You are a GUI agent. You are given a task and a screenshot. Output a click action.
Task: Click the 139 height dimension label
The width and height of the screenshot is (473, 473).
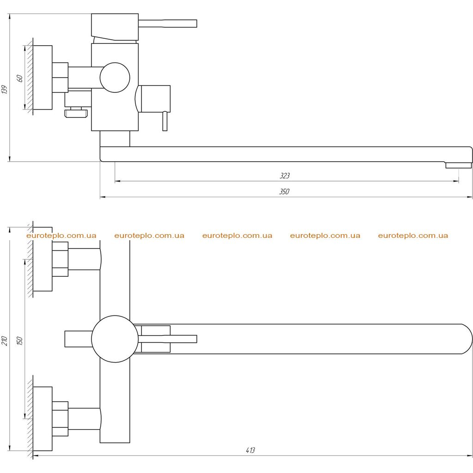4,89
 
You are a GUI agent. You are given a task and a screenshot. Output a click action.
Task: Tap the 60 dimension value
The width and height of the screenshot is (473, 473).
20,79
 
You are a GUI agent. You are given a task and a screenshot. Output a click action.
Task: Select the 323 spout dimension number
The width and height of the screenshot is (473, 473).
285,176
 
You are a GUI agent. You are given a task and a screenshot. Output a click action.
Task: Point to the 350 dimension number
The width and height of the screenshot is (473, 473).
284,192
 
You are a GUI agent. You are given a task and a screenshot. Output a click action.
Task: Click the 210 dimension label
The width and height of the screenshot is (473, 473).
4,341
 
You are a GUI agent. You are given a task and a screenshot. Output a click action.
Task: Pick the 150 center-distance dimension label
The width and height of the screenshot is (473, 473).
20,341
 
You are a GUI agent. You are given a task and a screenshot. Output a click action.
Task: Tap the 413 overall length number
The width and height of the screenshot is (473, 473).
250,450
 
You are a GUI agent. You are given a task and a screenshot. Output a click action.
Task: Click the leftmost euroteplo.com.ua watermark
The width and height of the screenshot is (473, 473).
61,236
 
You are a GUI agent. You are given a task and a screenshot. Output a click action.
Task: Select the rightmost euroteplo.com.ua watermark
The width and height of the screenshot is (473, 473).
413,236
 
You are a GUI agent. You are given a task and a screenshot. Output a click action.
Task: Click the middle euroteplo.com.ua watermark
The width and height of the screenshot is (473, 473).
237,236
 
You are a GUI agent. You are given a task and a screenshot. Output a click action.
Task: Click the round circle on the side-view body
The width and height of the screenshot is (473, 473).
115,78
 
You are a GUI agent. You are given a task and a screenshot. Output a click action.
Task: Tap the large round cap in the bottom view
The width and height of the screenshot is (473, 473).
115,339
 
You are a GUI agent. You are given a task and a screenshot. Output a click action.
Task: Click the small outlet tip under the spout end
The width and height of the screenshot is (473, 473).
459,165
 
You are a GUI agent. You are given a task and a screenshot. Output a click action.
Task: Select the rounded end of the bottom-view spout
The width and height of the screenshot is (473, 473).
466,339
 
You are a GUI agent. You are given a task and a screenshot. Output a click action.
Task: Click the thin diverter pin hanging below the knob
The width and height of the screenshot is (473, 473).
165,121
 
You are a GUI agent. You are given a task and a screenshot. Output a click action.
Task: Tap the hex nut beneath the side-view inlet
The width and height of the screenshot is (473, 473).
76,114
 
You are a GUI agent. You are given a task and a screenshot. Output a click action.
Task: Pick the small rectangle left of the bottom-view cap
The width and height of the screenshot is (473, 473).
79,339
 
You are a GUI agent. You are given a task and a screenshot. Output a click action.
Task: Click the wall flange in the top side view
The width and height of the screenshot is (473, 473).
42,78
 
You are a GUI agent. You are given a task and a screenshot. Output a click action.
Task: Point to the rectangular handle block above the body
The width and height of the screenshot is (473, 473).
115,27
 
